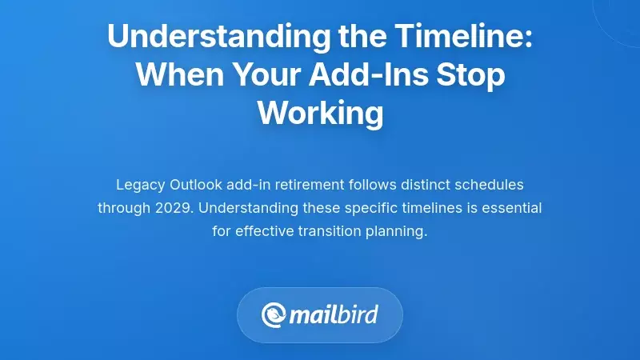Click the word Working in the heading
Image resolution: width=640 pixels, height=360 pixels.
tap(320, 113)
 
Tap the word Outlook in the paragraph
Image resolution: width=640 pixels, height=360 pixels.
tap(196, 185)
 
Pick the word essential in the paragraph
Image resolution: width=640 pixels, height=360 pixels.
tap(512, 208)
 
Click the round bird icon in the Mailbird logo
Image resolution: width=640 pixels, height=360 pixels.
tap(274, 314)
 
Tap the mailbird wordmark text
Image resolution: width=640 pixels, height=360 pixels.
tap(334, 314)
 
